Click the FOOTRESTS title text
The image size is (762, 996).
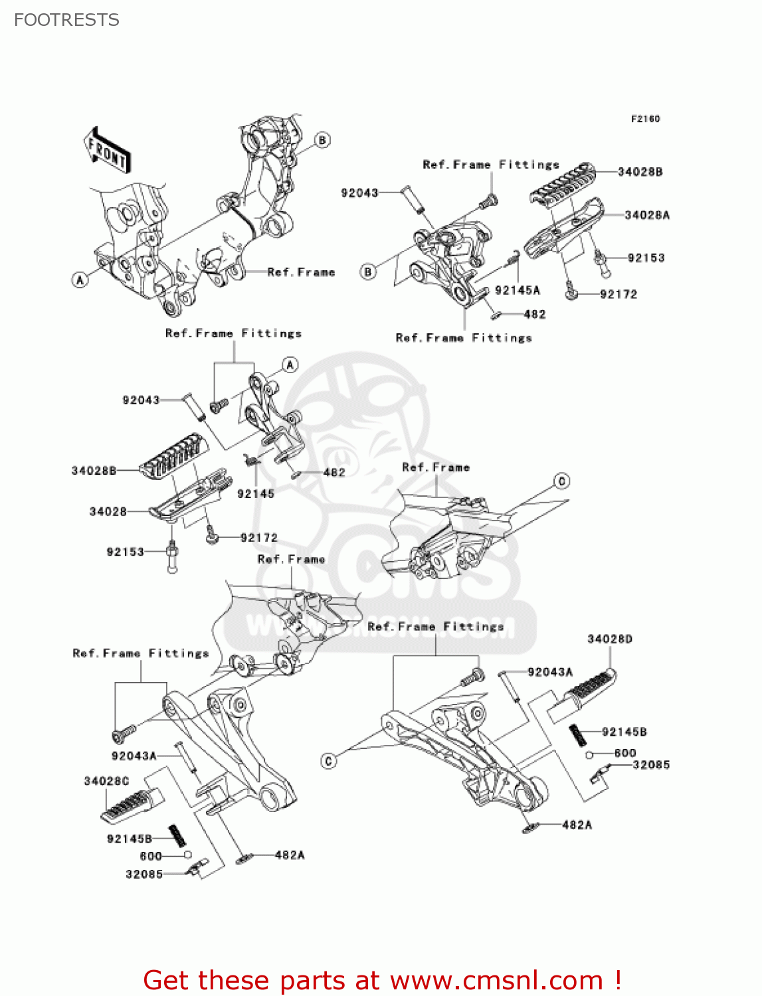pyautogui.click(x=66, y=20)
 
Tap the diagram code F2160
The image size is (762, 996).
pyautogui.click(x=645, y=119)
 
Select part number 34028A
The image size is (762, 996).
pyautogui.click(x=646, y=215)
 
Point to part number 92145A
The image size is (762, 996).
pyautogui.click(x=517, y=290)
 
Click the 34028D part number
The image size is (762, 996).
pyautogui.click(x=609, y=639)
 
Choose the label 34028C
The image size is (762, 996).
pyautogui.click(x=106, y=781)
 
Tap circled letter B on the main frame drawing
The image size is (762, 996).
pyautogui.click(x=322, y=140)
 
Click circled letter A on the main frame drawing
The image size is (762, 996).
pyautogui.click(x=80, y=280)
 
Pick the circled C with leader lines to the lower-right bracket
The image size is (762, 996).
pyautogui.click(x=329, y=761)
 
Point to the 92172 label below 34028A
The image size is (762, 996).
pyautogui.click(x=618, y=294)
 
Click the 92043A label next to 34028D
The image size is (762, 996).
pyautogui.click(x=549, y=672)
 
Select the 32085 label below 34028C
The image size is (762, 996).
pyautogui.click(x=144, y=874)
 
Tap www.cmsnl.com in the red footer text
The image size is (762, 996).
pyautogui.click(x=496, y=981)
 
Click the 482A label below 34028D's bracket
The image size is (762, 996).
pyautogui.click(x=577, y=825)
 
